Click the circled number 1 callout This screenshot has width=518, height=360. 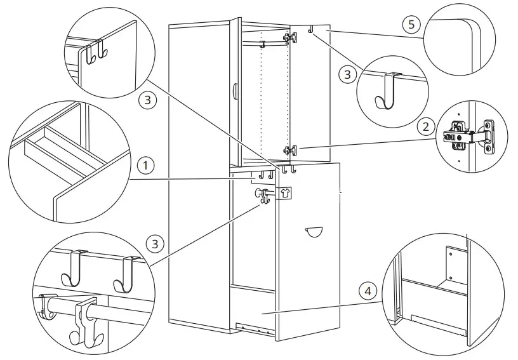(147, 166)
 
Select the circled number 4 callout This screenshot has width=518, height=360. (366, 291)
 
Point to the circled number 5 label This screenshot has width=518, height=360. (411, 25)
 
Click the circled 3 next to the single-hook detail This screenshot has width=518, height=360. (347, 74)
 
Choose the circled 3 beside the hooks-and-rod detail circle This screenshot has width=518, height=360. (154, 243)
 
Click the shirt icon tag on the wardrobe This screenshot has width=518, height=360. (284, 193)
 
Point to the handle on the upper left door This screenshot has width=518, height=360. (235, 91)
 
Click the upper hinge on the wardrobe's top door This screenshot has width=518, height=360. (291, 38)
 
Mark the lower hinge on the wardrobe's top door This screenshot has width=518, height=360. (290, 150)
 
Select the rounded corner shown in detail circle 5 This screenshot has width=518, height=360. (470, 29)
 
